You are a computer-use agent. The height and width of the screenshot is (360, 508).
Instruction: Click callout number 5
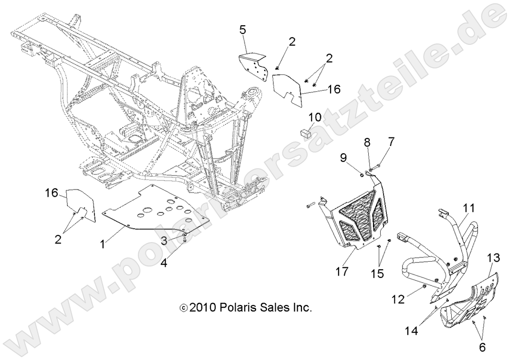coord(242,30)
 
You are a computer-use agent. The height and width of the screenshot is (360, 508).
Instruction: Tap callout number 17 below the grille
coord(342,271)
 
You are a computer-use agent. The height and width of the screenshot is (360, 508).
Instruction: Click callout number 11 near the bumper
coord(469,208)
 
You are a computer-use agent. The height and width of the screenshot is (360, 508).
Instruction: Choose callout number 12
coord(398,299)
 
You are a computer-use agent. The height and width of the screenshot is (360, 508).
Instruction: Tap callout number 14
coord(411,331)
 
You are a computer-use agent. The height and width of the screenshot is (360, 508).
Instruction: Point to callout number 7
coord(391,142)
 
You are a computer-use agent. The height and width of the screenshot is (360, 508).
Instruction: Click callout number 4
coord(164,262)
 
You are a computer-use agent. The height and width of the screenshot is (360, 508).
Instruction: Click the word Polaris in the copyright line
coord(238,307)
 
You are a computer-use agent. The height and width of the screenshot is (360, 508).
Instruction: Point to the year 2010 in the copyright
coord(203,307)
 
